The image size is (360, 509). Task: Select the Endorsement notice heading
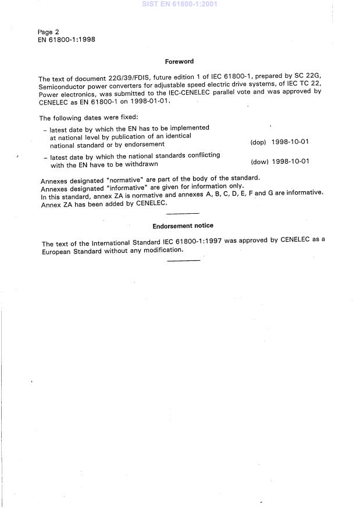coord(183,225)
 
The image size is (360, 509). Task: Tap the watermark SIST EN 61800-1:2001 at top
coord(180,4)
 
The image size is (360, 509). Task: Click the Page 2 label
coord(48,32)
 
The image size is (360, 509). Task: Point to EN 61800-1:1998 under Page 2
coord(67,40)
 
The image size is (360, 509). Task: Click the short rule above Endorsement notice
coord(183,214)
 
